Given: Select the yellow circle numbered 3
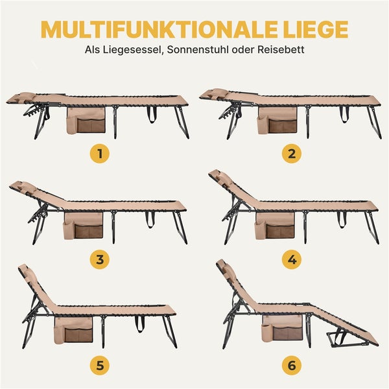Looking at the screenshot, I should (x=99, y=259).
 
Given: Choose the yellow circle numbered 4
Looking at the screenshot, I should (x=291, y=259).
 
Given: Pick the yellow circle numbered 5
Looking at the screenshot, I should (x=99, y=365).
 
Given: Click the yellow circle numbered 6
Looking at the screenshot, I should (x=291, y=365).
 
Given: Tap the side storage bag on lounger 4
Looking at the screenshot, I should (x=276, y=226).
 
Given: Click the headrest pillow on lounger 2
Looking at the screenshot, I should (x=217, y=94).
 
